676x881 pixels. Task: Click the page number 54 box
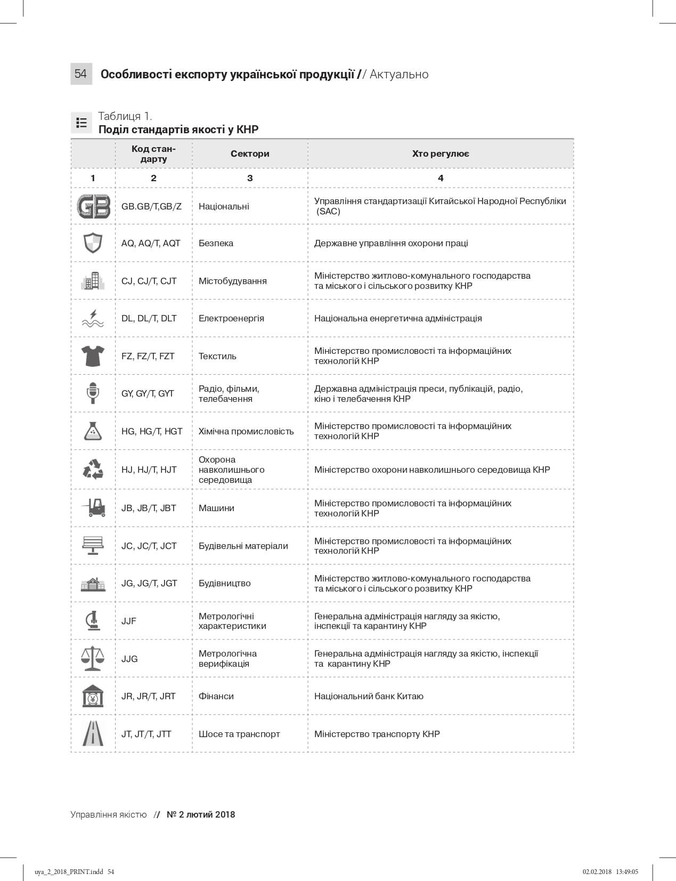(x=81, y=74)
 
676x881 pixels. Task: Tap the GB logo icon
(x=93, y=206)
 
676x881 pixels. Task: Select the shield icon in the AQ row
(x=93, y=243)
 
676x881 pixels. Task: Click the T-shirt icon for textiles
(x=93, y=355)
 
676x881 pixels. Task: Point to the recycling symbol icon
(x=93, y=470)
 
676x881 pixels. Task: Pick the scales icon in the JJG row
(x=93, y=658)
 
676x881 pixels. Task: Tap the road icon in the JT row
(x=93, y=733)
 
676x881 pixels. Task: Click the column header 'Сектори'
(x=250, y=154)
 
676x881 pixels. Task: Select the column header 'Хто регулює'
(x=441, y=154)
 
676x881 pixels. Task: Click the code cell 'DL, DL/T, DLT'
(x=149, y=318)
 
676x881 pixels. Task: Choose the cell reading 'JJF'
(x=129, y=621)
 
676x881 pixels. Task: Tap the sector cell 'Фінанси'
(x=216, y=696)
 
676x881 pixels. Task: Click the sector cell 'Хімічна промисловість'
(x=246, y=431)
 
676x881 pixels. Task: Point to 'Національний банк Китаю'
(x=369, y=696)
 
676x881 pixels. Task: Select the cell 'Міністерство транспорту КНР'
(x=377, y=734)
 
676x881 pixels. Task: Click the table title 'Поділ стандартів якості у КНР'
(x=178, y=130)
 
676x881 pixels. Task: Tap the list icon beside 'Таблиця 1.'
(x=82, y=123)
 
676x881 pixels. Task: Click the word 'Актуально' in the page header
(x=399, y=74)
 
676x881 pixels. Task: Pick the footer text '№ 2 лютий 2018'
(x=201, y=814)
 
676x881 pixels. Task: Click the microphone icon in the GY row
(x=93, y=393)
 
